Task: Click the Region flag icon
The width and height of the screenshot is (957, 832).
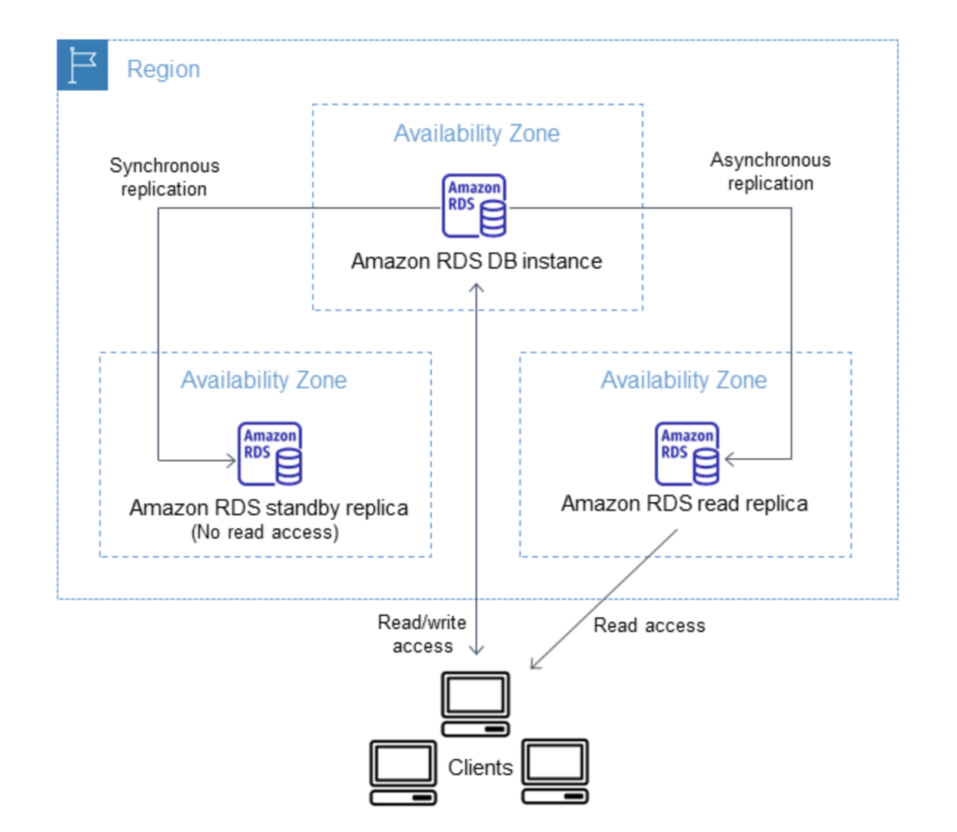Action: (82, 65)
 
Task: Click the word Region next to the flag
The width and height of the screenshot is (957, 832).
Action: (164, 69)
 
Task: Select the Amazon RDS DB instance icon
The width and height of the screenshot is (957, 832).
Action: (474, 206)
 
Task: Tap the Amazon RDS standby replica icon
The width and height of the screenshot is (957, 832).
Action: (270, 453)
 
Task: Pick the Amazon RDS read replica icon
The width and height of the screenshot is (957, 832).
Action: (687, 453)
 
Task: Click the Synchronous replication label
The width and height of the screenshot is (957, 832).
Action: (164, 177)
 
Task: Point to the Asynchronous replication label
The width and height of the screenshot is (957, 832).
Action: (770, 171)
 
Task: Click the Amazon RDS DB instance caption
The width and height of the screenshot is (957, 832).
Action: (477, 261)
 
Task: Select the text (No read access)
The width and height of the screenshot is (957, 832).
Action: (264, 532)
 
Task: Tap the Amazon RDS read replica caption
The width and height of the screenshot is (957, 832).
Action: (684, 504)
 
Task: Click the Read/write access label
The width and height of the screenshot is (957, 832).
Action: (422, 634)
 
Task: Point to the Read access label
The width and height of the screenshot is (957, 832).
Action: (650, 625)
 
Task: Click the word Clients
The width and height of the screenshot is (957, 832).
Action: (480, 767)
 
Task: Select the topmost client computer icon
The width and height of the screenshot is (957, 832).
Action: (476, 704)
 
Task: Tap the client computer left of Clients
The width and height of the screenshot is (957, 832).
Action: (404, 773)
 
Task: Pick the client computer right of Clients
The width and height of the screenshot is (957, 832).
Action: (555, 771)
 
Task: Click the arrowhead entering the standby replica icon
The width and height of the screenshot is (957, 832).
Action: (233, 460)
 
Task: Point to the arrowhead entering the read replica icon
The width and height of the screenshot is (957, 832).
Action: (729, 459)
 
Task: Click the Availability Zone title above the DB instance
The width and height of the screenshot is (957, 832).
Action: (477, 133)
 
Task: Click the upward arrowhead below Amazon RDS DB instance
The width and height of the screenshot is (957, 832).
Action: (477, 287)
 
